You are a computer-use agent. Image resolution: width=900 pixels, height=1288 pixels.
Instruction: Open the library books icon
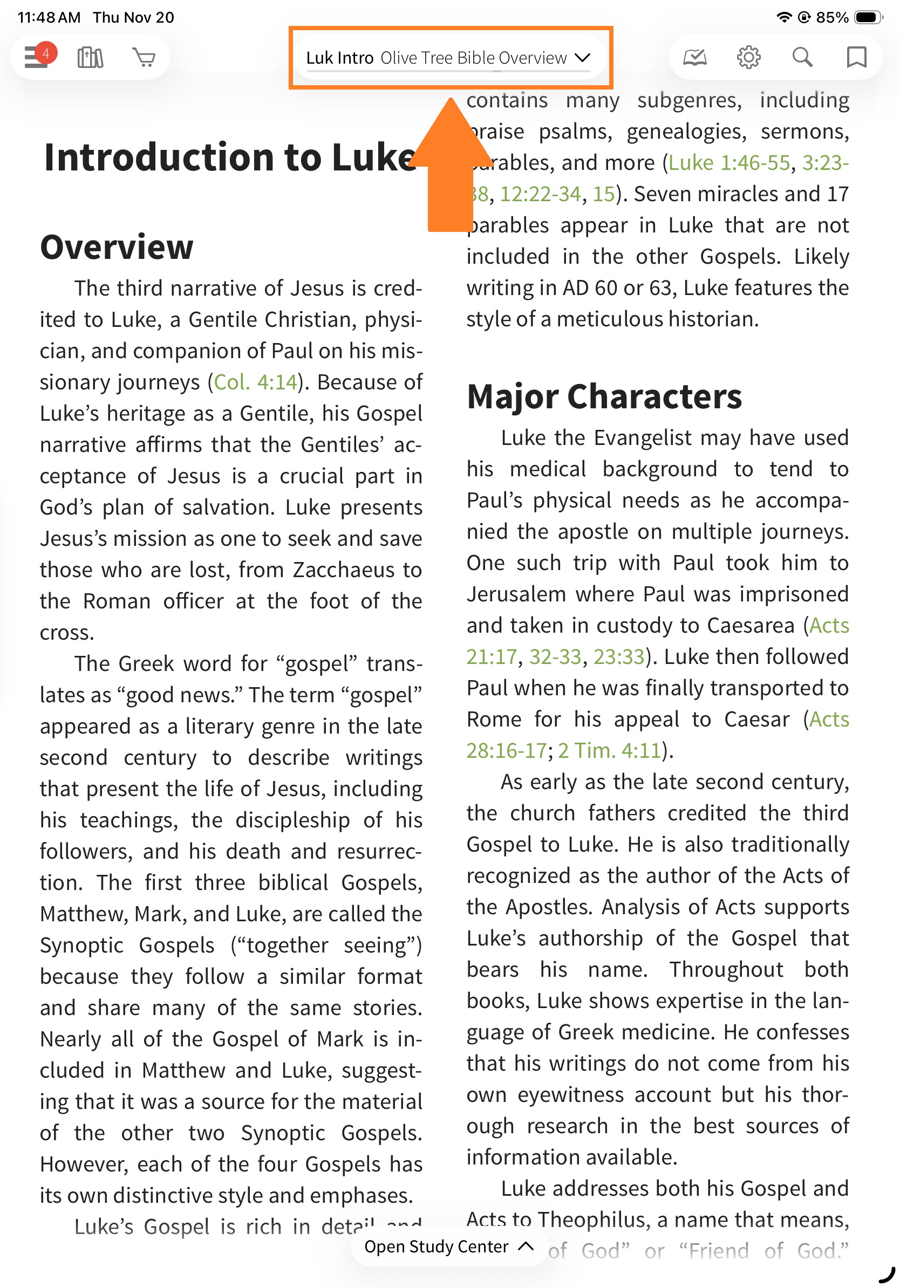coord(90,57)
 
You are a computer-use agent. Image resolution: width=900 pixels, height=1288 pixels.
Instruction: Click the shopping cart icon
coord(144,57)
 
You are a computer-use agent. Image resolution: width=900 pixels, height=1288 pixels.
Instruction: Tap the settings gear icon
coord(748,57)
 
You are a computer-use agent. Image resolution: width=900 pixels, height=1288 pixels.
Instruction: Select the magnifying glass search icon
coord(802,57)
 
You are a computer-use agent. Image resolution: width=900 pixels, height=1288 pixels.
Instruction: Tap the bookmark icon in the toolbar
coord(856,57)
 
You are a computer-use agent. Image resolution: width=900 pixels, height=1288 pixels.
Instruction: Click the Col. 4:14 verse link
coord(255,382)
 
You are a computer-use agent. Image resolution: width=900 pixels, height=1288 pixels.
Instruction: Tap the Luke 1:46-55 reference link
coord(729,163)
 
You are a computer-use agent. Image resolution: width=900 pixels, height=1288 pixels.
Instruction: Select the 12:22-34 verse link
coord(540,194)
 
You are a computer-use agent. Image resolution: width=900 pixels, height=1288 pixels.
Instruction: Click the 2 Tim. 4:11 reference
coord(609,751)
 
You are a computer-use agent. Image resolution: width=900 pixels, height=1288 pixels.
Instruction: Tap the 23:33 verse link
coord(618,657)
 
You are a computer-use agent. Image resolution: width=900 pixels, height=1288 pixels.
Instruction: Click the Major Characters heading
coord(604,396)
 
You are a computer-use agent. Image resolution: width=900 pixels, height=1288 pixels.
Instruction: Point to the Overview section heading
coord(117,247)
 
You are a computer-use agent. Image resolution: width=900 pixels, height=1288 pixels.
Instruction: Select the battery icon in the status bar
coord(867,17)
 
